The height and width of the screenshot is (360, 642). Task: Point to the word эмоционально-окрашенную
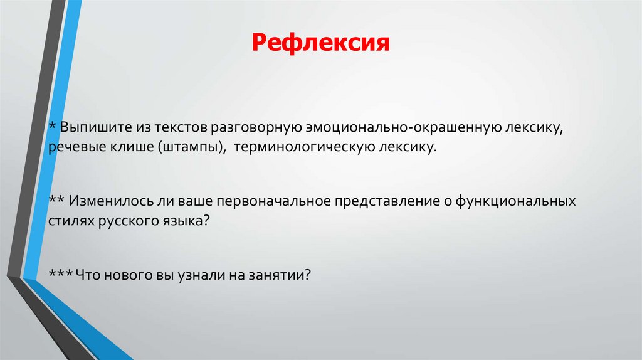pyautogui.click(x=402, y=128)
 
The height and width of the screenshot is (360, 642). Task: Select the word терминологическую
pyautogui.click(x=302, y=149)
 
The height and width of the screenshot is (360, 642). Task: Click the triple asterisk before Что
pyautogui.click(x=61, y=273)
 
